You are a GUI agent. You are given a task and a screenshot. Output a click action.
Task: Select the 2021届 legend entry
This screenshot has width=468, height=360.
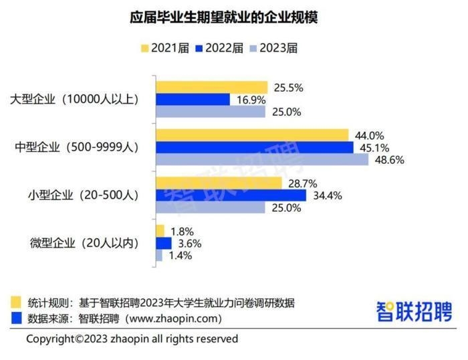coord(164,48)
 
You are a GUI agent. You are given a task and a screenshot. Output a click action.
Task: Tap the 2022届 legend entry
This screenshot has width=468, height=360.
coord(218,48)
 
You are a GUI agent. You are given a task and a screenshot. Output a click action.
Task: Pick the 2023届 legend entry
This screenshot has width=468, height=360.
coord(273,48)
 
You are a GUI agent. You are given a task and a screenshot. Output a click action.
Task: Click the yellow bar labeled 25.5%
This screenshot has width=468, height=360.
coord(211,87)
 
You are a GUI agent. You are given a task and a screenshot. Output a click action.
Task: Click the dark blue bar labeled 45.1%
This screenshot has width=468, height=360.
coord(255,147)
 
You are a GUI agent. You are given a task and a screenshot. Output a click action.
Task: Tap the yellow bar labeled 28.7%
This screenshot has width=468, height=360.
coord(219,183)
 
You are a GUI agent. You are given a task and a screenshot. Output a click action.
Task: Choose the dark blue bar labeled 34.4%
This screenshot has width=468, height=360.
coord(231,195)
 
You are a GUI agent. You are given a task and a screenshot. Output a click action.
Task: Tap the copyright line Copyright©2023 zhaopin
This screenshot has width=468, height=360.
coord(132,339)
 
